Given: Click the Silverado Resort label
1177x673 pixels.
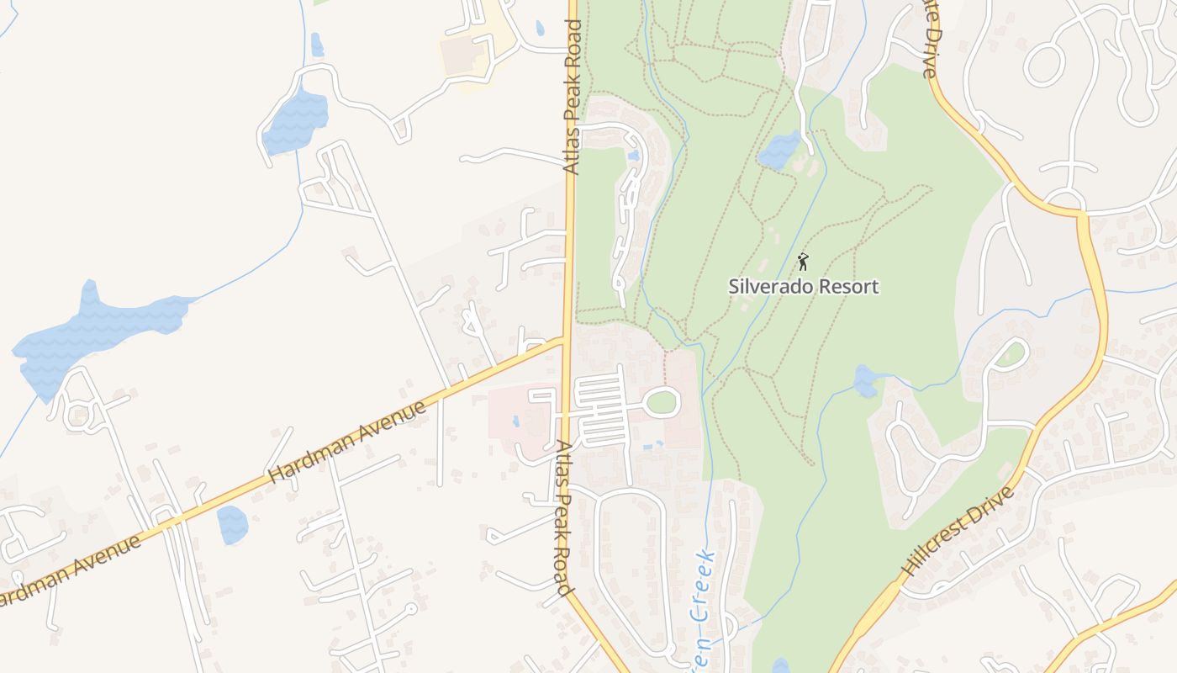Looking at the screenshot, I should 804,286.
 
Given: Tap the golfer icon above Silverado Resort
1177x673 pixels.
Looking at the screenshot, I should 803,261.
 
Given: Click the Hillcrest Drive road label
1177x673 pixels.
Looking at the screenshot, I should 957,531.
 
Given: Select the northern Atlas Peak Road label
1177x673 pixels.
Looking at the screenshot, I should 573,97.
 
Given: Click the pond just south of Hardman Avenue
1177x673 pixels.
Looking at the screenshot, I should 232,525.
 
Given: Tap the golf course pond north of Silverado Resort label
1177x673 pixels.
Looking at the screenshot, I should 779,150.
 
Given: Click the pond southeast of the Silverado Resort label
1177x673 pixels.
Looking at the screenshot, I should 866,381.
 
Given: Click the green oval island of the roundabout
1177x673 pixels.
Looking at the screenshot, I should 662,402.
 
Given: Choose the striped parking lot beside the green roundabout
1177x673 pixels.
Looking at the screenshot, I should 601,411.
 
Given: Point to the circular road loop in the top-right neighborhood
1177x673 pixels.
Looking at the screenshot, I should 1045,63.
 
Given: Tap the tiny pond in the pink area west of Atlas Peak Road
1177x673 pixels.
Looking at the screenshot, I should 515,421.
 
